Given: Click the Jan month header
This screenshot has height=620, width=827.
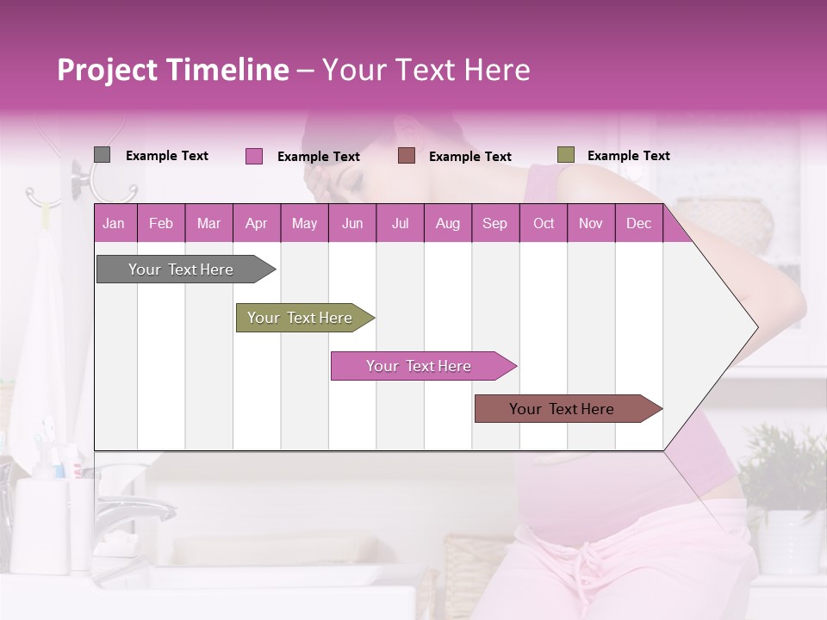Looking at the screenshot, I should (114, 223).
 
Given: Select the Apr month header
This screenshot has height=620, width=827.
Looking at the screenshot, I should (257, 223).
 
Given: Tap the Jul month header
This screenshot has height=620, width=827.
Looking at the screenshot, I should (400, 223).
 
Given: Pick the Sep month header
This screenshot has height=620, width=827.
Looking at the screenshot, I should (494, 223).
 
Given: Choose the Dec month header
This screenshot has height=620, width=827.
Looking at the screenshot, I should (638, 223).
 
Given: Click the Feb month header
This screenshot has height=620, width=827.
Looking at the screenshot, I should (161, 223).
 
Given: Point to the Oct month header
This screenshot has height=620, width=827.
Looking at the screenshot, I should (544, 223).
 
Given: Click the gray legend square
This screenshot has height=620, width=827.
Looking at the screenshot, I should (102, 155).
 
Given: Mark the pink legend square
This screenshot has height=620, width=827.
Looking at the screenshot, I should (254, 156).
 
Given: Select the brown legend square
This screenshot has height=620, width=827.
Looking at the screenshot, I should (407, 156).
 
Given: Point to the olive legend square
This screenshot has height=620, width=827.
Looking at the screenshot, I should (566, 155).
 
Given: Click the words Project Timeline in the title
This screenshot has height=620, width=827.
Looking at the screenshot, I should (172, 70).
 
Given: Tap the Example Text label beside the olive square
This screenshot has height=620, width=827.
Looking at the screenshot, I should (628, 156).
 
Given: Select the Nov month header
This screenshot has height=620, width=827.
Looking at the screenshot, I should (591, 223).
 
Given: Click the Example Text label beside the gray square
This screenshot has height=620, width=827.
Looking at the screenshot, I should (167, 156).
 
